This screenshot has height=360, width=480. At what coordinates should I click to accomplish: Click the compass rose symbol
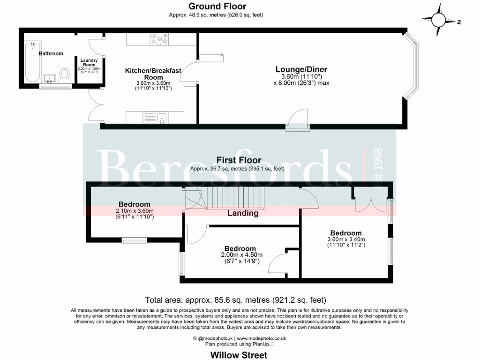pyautogui.click(x=439, y=20)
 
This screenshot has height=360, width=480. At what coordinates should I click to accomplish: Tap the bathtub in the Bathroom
pyautogui.click(x=31, y=61)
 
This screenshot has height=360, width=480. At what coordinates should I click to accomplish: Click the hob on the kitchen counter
pyautogui.click(x=159, y=40)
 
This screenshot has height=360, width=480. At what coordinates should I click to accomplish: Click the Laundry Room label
pyautogui.click(x=88, y=62)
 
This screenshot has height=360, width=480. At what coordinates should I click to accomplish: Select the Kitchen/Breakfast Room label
pyautogui.click(x=153, y=74)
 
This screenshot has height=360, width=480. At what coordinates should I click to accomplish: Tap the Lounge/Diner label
pyautogui.click(x=301, y=69)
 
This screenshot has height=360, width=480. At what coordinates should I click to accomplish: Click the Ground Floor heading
pyautogui.click(x=217, y=6)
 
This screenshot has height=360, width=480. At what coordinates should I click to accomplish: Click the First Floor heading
pyautogui.click(x=239, y=160)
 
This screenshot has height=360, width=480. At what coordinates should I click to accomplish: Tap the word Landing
pyautogui.click(x=243, y=213)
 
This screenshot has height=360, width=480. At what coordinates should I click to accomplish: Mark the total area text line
pyautogui.click(x=235, y=300)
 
